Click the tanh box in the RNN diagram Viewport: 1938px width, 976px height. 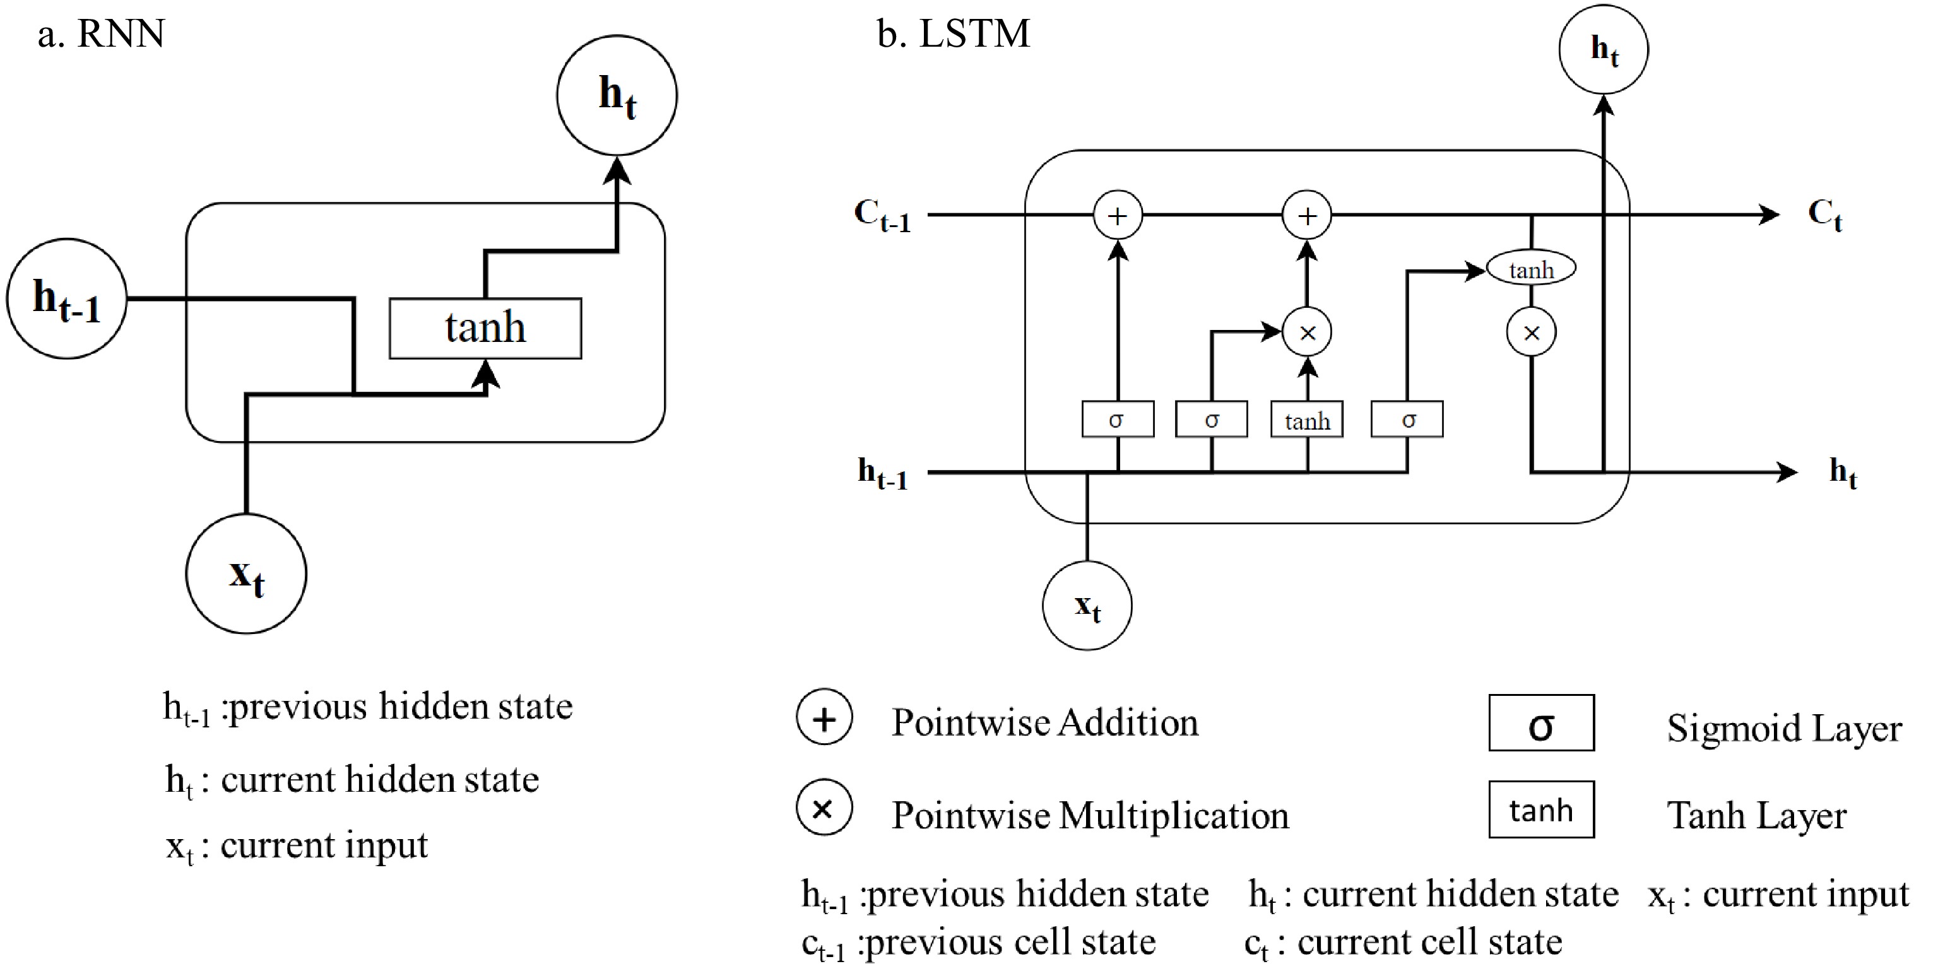pyautogui.click(x=485, y=329)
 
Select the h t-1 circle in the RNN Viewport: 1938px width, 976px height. pyautogui.click(x=66, y=299)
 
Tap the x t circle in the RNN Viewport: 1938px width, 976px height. pyautogui.click(x=246, y=573)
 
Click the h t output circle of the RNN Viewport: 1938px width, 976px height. pyautogui.click(x=617, y=95)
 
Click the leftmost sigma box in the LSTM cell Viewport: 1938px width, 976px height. pyautogui.click(x=1117, y=420)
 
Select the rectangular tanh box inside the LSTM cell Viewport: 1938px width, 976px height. pyautogui.click(x=1307, y=420)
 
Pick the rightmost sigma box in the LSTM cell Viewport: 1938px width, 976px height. pyautogui.click(x=1407, y=420)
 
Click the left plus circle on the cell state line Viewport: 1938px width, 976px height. pyautogui.click(x=1117, y=216)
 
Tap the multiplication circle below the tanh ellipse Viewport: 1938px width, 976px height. pyautogui.click(x=1531, y=332)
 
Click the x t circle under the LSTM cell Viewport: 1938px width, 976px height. pyautogui.click(x=1087, y=605)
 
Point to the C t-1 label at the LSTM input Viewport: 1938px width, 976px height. pyautogui.click(x=882, y=216)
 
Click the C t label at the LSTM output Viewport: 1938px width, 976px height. pyautogui.click(x=1825, y=215)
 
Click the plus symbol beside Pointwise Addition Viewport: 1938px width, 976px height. pyautogui.click(x=825, y=718)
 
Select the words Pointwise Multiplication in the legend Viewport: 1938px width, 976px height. pyautogui.click(x=1090, y=815)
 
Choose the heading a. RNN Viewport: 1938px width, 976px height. pyautogui.click(x=101, y=34)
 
